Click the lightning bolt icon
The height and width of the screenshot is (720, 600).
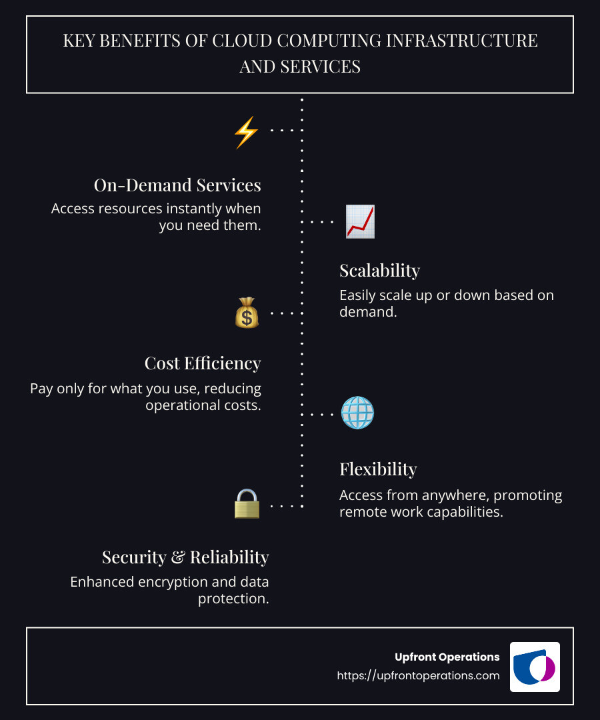click(x=245, y=131)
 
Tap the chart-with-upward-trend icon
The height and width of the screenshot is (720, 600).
click(x=360, y=222)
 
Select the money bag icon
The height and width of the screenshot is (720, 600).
click(x=246, y=313)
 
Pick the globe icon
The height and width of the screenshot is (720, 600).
click(x=357, y=413)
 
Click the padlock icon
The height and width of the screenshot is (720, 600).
click(x=246, y=504)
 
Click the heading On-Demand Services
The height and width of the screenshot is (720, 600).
click(x=177, y=185)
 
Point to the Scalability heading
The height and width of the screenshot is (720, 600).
click(x=379, y=271)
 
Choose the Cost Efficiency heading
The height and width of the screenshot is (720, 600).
click(x=203, y=363)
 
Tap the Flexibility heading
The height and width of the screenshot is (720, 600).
click(x=378, y=469)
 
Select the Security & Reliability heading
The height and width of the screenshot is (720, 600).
click(x=185, y=557)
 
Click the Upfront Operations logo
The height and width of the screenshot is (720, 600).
click(x=535, y=667)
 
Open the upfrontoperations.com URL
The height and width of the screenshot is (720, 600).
click(x=418, y=675)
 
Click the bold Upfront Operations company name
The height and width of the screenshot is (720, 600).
click(x=447, y=657)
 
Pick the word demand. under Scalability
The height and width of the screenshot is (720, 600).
click(x=368, y=311)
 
